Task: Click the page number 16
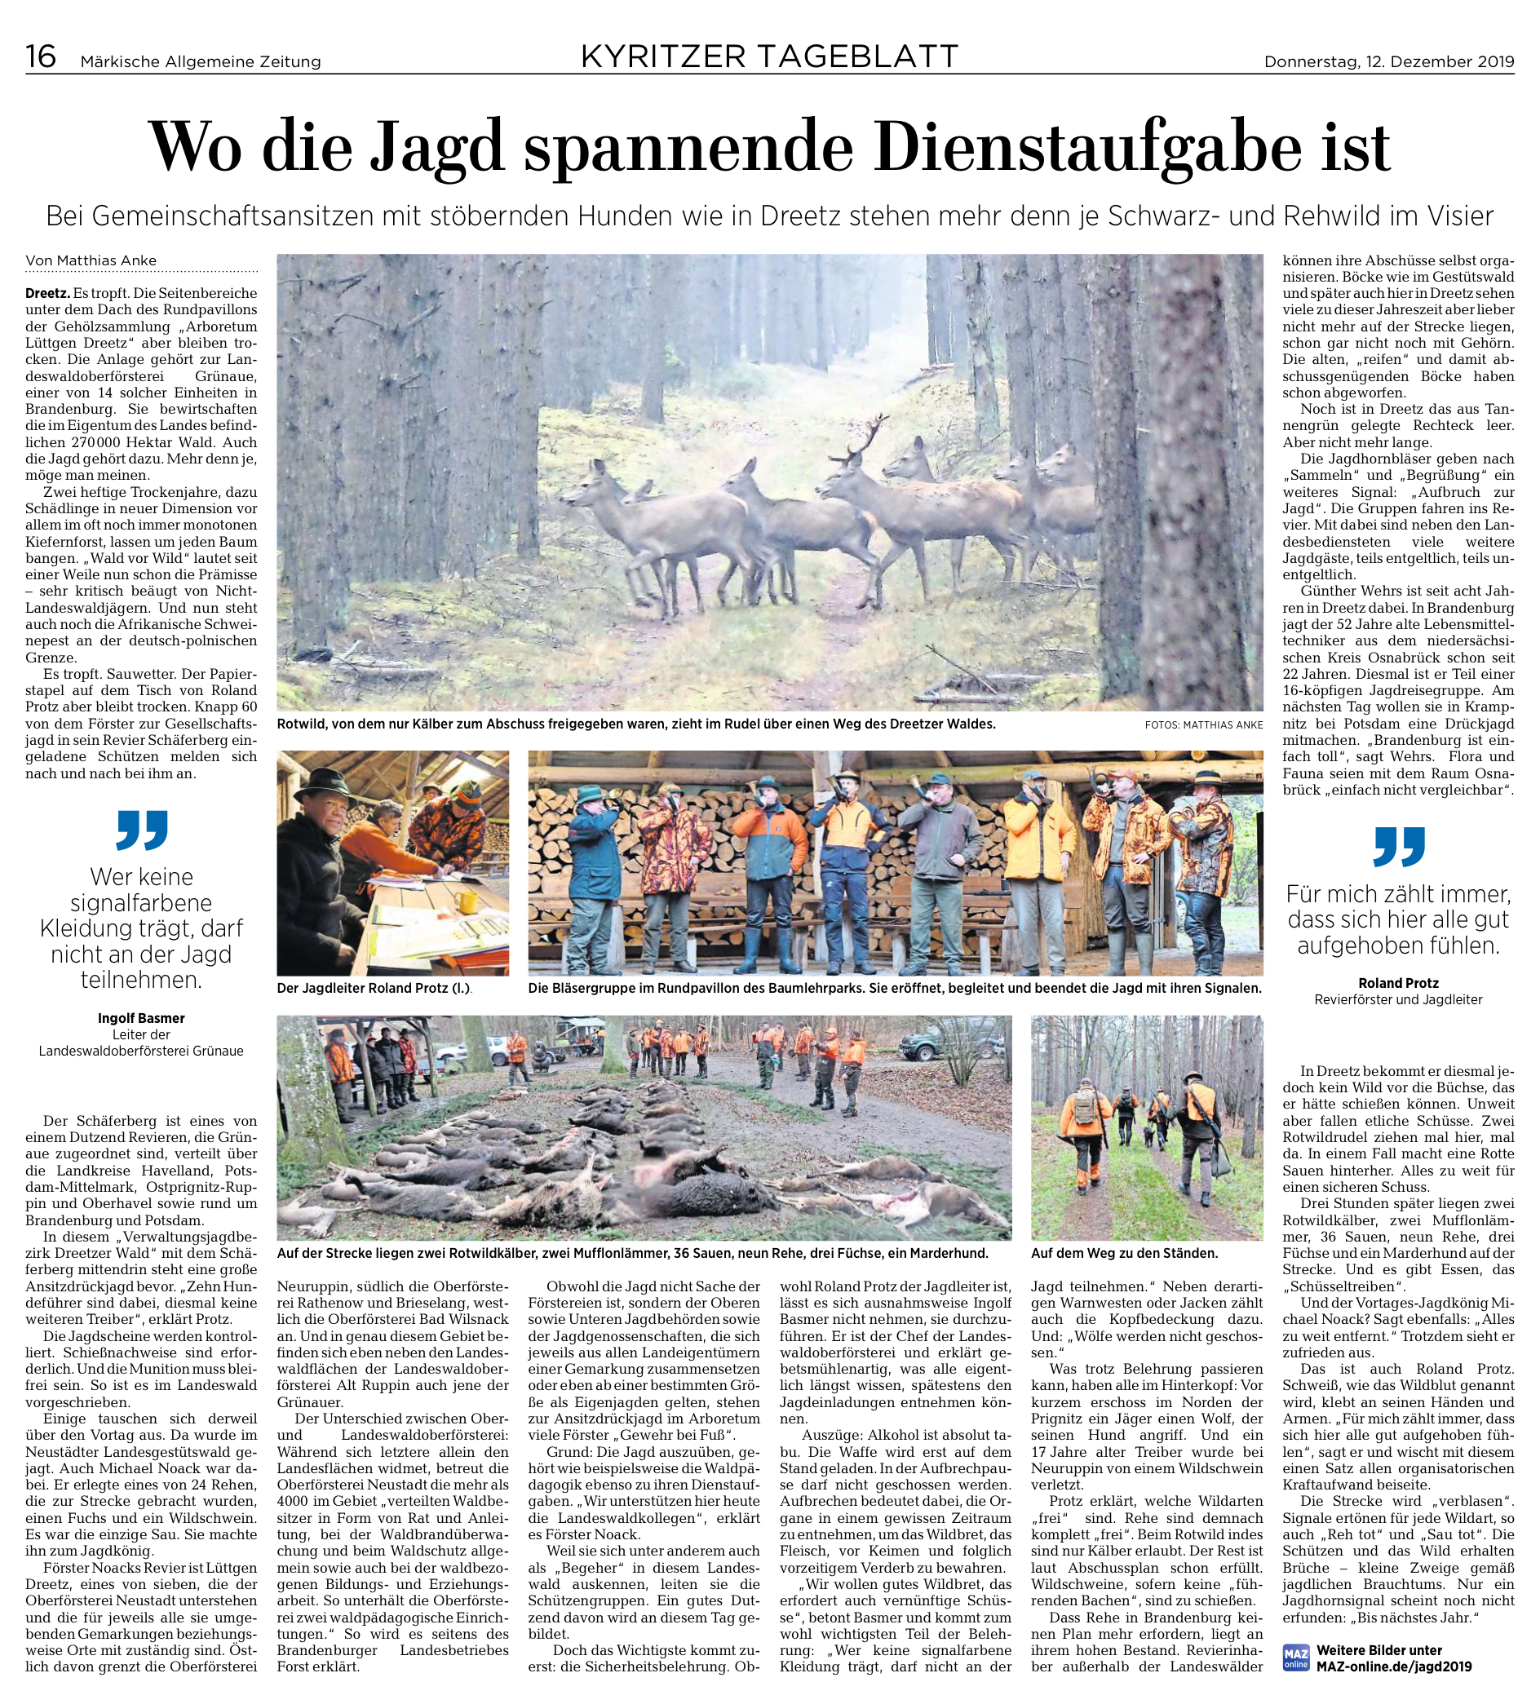pos(41,57)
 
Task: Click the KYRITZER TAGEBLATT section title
pos(769,57)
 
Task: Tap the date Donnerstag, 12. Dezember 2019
pos(1388,62)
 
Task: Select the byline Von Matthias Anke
pos(91,261)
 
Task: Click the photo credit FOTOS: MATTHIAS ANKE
pos(1203,725)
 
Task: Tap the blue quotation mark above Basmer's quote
pos(141,829)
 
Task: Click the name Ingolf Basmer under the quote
pos(141,1018)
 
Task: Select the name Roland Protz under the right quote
pos(1398,983)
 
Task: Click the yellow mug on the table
pos(466,902)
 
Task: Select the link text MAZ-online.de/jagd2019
pos(1394,1666)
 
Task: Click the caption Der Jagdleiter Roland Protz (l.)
pos(374,988)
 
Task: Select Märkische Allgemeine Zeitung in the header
pos(200,62)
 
